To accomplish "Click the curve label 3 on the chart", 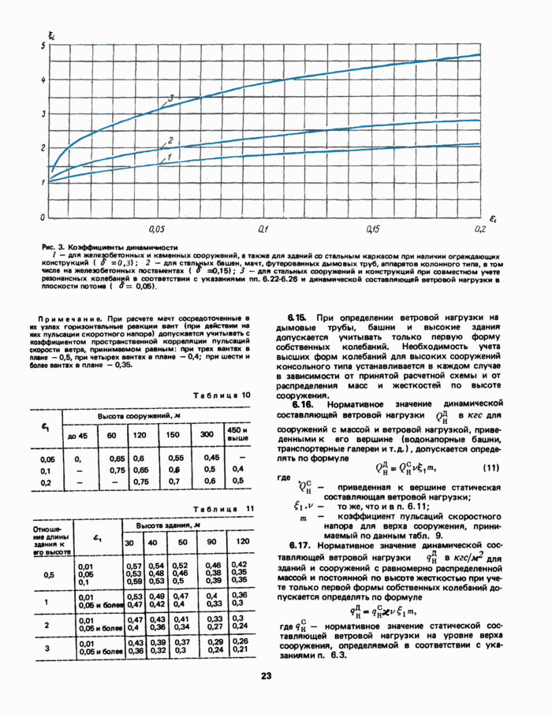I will [170, 98].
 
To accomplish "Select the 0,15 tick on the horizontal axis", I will [372, 228].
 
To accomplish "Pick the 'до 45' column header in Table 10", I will [77, 435].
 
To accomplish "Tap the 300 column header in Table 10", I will [207, 434].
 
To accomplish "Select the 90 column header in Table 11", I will [211, 543].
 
